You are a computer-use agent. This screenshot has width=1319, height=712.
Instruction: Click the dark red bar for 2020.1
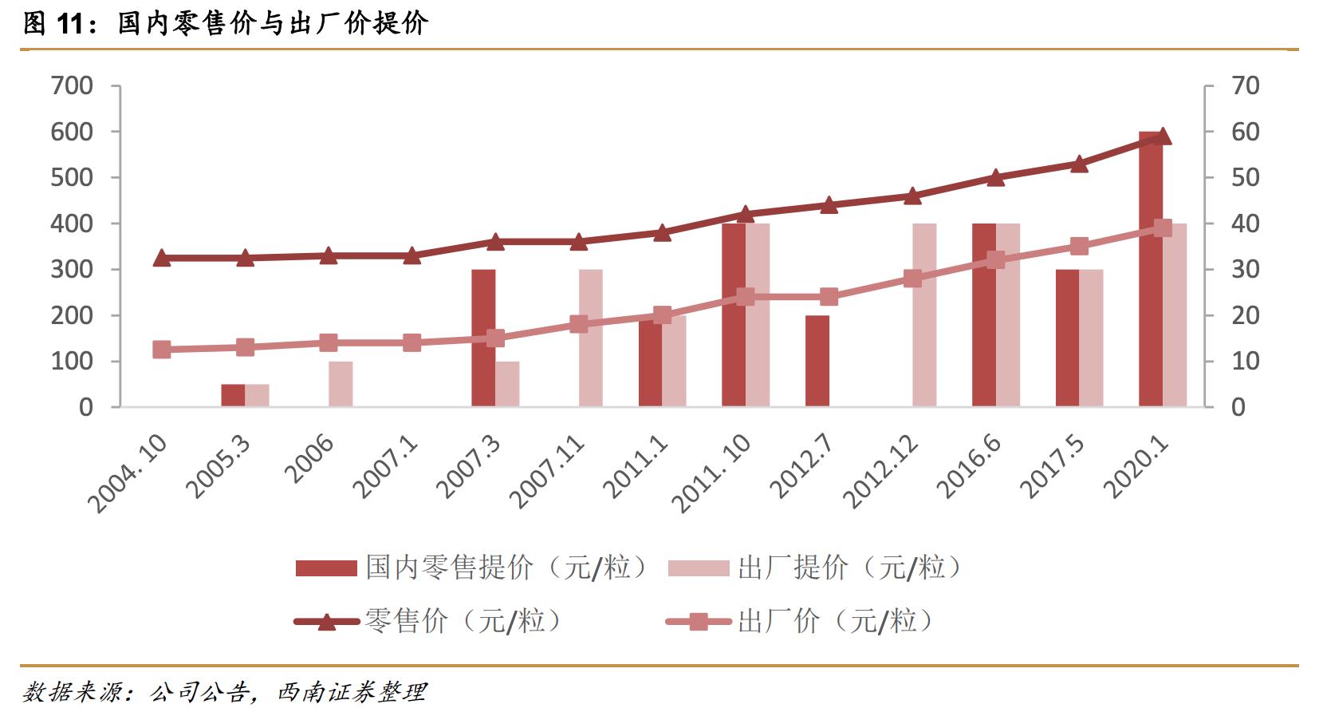click(x=1150, y=271)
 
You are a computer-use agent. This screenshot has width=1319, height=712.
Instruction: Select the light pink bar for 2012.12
click(x=924, y=315)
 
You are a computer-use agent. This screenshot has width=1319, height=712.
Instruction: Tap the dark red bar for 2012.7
click(x=817, y=361)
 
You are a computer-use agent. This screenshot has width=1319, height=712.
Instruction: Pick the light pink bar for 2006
click(x=341, y=384)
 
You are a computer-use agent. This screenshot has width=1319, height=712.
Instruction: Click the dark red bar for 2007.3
click(x=483, y=338)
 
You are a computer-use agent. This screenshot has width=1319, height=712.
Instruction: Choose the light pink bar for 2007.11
click(x=591, y=338)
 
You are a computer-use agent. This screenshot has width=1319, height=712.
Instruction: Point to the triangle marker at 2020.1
click(x=1163, y=136)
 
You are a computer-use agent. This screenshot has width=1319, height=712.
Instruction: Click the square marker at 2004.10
click(x=162, y=350)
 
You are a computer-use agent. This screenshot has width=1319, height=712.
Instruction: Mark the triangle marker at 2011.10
click(x=746, y=214)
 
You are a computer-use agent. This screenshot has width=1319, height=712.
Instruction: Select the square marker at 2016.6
click(x=996, y=260)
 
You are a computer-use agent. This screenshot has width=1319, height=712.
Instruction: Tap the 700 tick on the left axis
click(x=72, y=85)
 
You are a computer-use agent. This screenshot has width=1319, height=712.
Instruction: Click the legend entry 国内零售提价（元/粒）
click(x=471, y=568)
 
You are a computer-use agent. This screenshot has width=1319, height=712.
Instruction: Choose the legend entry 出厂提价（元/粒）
click(x=813, y=568)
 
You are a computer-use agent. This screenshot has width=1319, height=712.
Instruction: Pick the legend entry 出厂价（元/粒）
click(x=797, y=621)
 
